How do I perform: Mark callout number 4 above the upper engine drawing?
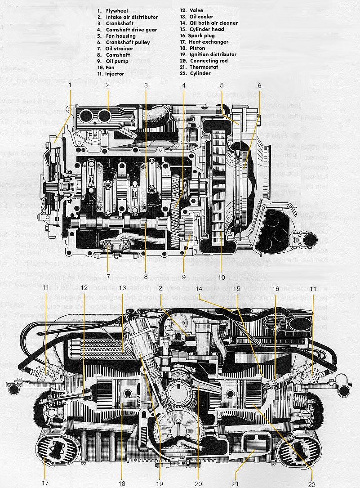coord(183,85)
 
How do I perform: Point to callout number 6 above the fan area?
coord(259,85)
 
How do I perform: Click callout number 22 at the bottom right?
coord(312,484)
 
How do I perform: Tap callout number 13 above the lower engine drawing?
coord(122,287)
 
